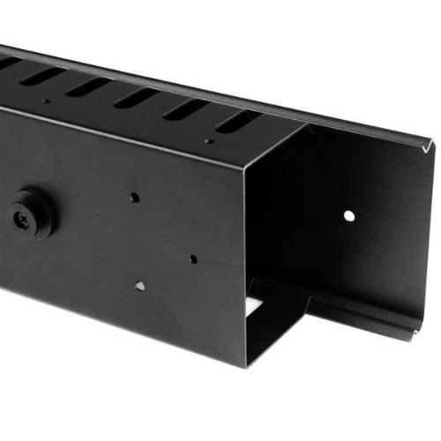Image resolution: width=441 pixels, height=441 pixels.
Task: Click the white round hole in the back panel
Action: [349, 215]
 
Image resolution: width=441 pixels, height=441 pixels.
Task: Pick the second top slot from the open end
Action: [186, 109]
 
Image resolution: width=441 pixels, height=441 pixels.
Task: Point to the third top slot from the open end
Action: [138, 98]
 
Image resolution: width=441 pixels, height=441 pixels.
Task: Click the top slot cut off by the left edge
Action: [7, 64]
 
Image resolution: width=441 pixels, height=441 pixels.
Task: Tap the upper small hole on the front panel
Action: [134, 198]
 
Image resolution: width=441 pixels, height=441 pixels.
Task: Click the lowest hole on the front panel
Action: [139, 286]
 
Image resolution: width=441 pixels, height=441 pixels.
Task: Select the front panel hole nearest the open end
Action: [192, 259]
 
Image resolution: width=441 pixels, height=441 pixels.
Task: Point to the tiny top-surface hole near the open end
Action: [208, 140]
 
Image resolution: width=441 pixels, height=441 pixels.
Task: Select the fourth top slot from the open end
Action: [88, 86]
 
